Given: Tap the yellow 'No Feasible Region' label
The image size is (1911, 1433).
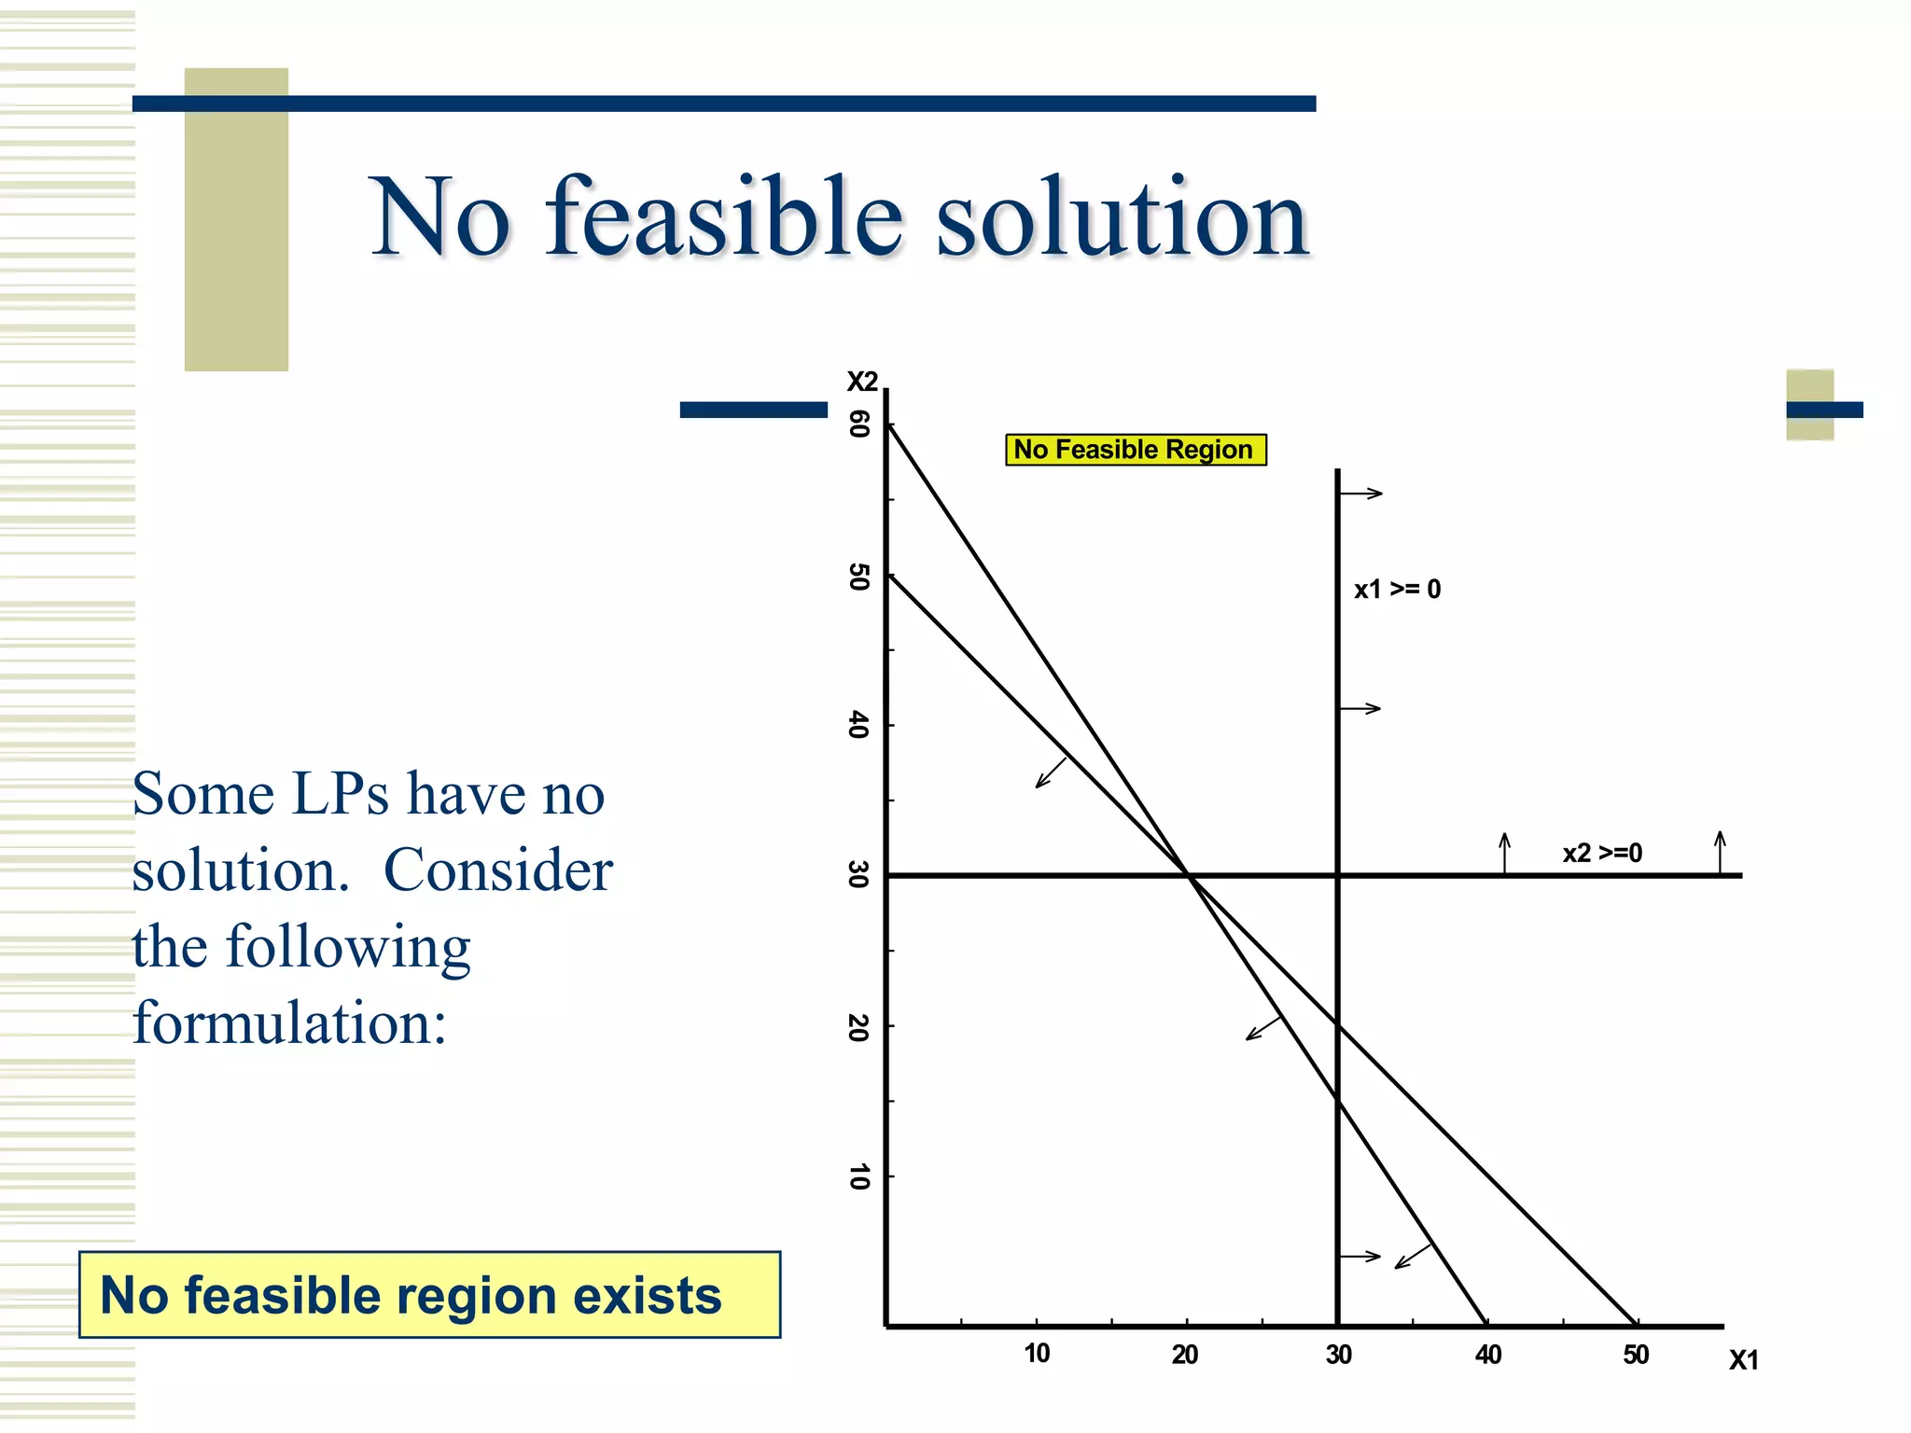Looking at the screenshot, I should click(1135, 450).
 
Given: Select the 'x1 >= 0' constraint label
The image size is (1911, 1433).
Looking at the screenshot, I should click(1397, 590).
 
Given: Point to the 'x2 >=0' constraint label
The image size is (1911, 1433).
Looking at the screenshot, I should click(1602, 853).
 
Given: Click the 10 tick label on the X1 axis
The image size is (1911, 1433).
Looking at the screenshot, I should click(1037, 1354).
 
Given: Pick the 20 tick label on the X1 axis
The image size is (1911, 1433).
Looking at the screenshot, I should click(1185, 1355).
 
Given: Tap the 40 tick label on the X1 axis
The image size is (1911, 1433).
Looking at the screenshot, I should click(1488, 1355).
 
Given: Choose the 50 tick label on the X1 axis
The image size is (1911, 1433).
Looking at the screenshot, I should click(1636, 1355).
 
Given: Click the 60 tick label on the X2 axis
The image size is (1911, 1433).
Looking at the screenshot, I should click(859, 424).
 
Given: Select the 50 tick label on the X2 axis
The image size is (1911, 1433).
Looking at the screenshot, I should click(859, 577).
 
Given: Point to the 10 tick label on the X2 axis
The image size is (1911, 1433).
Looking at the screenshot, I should click(859, 1176).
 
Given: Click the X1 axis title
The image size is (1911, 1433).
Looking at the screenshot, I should click(1743, 1360).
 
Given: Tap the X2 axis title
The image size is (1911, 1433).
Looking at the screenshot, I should click(862, 382).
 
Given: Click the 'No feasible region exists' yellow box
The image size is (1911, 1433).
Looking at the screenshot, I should click(429, 1295).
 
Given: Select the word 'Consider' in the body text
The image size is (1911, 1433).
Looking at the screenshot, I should click(498, 870).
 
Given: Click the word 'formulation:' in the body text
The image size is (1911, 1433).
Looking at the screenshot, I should click(289, 1023).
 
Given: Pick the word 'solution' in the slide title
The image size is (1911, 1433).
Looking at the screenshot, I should click(1123, 217).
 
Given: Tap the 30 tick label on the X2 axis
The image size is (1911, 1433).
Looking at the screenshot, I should click(859, 875).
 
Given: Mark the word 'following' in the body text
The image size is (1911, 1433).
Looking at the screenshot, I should click(348, 948).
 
